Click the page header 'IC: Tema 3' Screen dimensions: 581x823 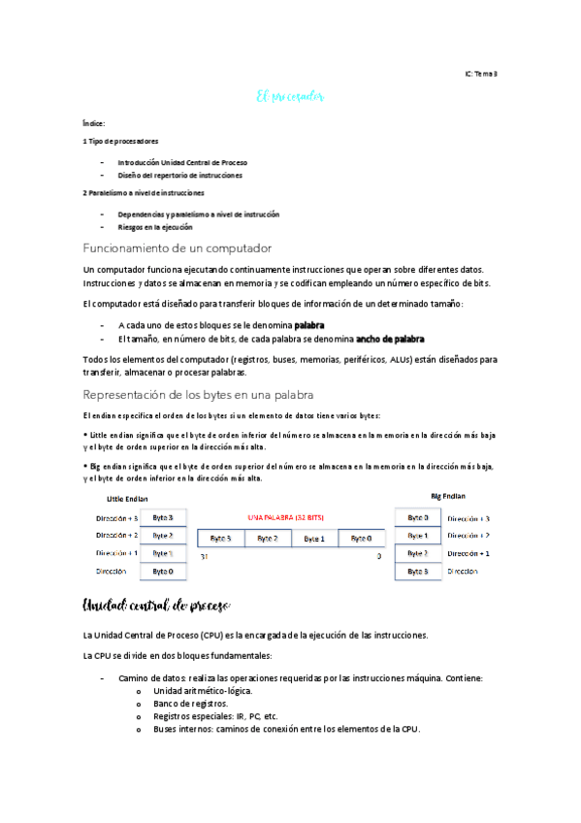pyautogui.click(x=480, y=75)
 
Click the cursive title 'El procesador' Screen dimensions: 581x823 pyautogui.click(x=289, y=97)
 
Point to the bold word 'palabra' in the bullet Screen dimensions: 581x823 pyautogui.click(x=309, y=324)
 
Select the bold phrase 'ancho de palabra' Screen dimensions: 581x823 pyautogui.click(x=390, y=339)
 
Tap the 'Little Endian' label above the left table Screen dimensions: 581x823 pyautogui.click(x=126, y=499)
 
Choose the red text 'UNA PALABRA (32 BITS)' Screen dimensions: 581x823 pyautogui.click(x=288, y=518)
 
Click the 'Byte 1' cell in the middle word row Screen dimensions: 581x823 pyautogui.click(x=313, y=538)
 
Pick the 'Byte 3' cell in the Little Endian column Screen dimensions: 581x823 pyautogui.click(x=162, y=518)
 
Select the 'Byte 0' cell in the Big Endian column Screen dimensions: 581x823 pyautogui.click(x=418, y=518)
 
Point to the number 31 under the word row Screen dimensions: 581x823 pyautogui.click(x=204, y=557)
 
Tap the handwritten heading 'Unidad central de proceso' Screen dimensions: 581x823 pyautogui.click(x=156, y=608)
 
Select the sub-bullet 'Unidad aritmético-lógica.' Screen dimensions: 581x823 pyautogui.click(x=204, y=690)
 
